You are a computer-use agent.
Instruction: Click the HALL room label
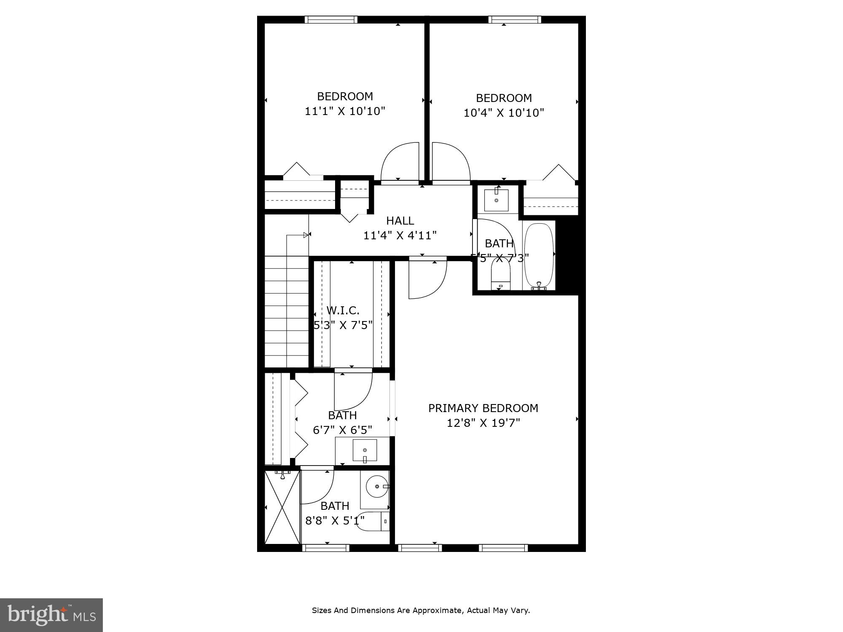pos(400,221)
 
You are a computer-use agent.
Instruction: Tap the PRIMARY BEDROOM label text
pos(483,408)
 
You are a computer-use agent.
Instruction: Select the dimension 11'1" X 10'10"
pos(345,111)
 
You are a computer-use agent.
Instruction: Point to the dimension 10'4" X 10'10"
pos(504,113)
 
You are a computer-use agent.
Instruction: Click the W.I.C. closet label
pos(343,311)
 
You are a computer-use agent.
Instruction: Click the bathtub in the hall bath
pos(539,255)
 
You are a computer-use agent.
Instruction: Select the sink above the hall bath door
pos(496,200)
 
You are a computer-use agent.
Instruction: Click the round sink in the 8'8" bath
pos(377,487)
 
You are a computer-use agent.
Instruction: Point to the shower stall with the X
pos(282,508)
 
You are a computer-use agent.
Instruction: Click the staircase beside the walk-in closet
pos(287,312)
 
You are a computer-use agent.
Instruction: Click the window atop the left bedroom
pos(331,19)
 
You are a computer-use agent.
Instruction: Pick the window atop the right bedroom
pos(515,19)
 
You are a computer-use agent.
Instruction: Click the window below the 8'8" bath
pos(326,548)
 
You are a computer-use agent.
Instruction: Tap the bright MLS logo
pos(51,615)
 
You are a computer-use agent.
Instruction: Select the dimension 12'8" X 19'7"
pos(483,423)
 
